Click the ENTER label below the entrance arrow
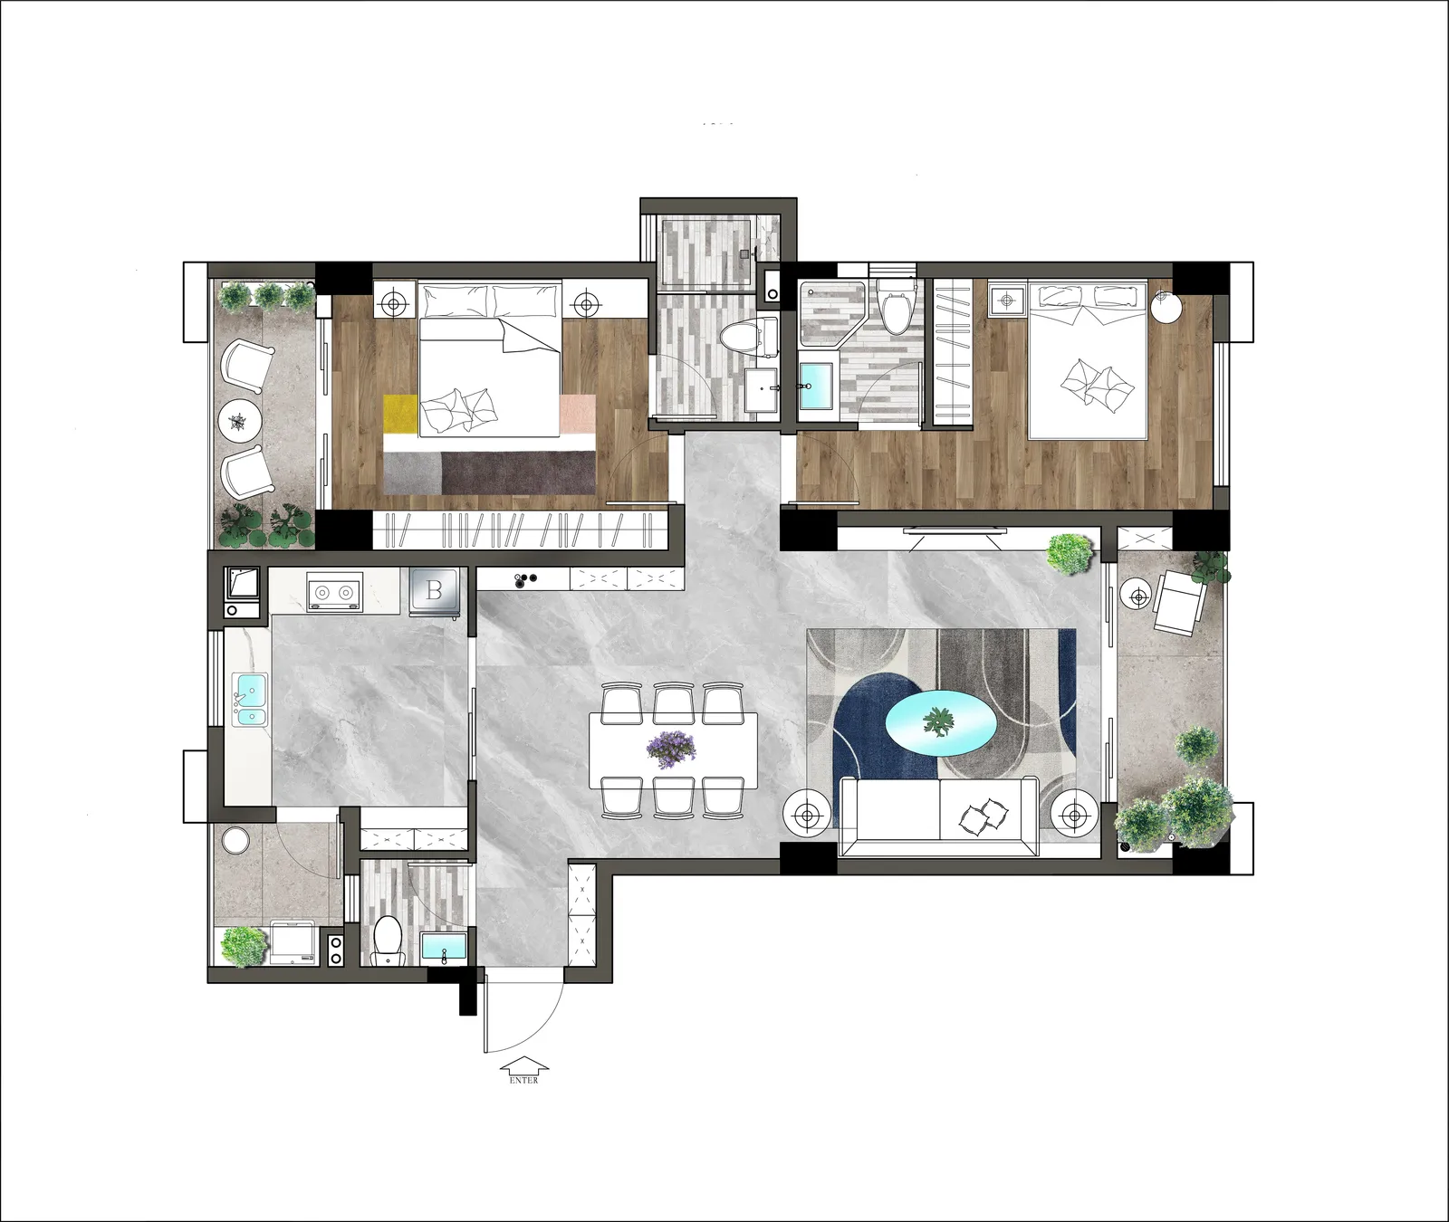523,1080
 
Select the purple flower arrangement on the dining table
671,747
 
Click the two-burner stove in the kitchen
333,592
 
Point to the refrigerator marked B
436,592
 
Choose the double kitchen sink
250,700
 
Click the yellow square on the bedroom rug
399,414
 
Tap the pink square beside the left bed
577,414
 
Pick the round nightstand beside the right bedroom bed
1166,307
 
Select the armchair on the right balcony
1178,605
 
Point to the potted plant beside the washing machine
245,946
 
